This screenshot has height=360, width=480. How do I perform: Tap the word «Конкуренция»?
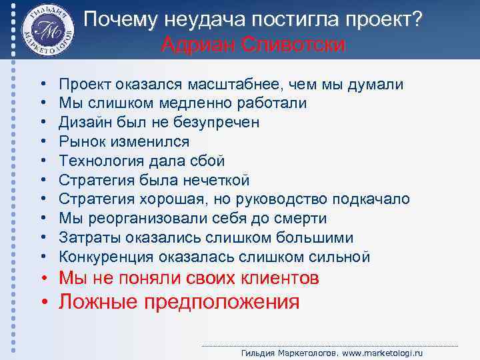98,257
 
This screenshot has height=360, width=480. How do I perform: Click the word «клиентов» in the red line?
276,278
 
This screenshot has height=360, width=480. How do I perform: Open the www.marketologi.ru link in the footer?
383,352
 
